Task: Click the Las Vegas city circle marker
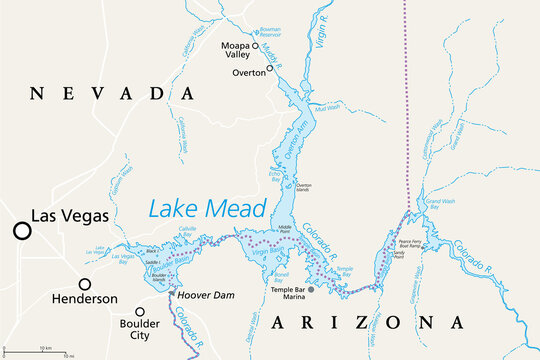coord(20,232)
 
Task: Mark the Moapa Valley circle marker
coord(254,46)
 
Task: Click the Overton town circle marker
coord(269,68)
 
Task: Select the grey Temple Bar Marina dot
coord(310,290)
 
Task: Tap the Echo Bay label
coord(276,174)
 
